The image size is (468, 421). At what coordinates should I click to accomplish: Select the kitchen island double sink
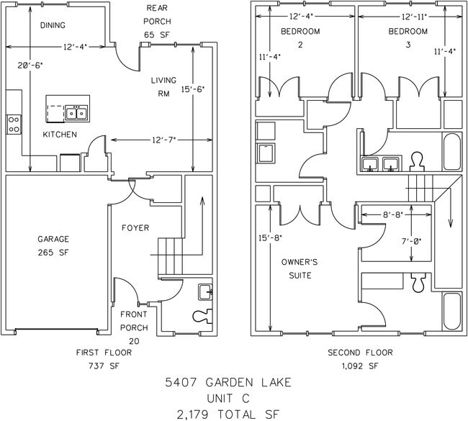(x=77, y=112)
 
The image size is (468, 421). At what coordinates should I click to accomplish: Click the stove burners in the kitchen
(x=14, y=124)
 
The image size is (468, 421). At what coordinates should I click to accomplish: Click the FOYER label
(x=135, y=228)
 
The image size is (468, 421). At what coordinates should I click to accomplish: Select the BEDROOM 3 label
(x=408, y=37)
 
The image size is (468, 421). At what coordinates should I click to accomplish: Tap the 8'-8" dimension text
(x=393, y=214)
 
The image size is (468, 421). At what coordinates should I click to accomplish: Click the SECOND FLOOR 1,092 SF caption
(x=360, y=359)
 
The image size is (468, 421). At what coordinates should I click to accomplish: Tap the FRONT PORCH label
(x=134, y=321)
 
